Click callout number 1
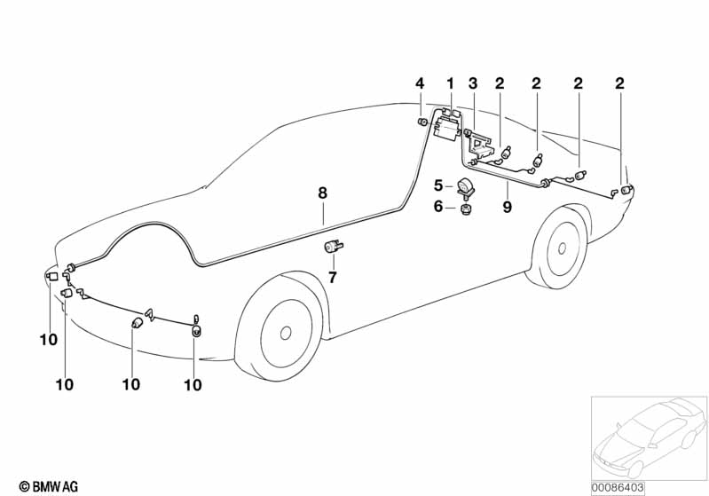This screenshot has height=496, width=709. (x=450, y=84)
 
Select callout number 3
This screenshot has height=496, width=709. (x=473, y=84)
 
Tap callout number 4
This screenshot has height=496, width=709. (x=420, y=84)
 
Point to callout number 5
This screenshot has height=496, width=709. (x=437, y=185)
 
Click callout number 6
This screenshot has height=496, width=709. (x=437, y=207)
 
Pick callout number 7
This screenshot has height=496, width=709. (x=333, y=278)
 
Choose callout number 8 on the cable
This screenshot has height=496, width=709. (x=323, y=192)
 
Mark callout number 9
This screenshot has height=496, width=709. (x=508, y=207)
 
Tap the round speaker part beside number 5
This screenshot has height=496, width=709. (x=463, y=185)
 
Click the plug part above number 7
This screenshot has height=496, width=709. (x=335, y=247)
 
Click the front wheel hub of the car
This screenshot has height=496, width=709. (x=286, y=333)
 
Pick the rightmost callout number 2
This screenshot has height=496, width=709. (x=619, y=84)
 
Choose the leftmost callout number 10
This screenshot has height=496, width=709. (x=48, y=339)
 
